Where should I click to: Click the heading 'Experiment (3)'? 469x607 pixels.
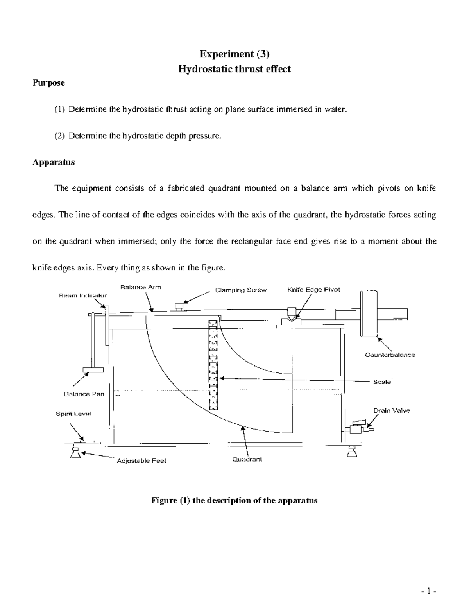point(234,54)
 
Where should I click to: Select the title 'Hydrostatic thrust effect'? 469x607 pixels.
point(234,69)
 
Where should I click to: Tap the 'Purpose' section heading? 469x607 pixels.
point(48,83)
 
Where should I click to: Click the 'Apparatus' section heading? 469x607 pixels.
point(54,162)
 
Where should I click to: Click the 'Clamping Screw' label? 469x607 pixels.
point(241,290)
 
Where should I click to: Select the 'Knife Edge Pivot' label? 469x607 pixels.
point(313,290)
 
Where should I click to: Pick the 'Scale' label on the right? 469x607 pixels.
point(382,382)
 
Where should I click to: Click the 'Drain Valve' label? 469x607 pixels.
point(392,411)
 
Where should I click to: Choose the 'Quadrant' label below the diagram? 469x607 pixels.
point(247,460)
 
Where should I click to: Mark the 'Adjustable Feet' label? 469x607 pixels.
point(141,461)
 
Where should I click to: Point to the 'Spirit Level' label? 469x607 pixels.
point(73,414)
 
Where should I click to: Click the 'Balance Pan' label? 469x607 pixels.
point(84,394)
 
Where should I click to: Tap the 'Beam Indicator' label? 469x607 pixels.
point(82,296)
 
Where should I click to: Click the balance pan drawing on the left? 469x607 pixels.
point(93,369)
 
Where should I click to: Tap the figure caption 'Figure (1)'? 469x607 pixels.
point(234,500)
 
